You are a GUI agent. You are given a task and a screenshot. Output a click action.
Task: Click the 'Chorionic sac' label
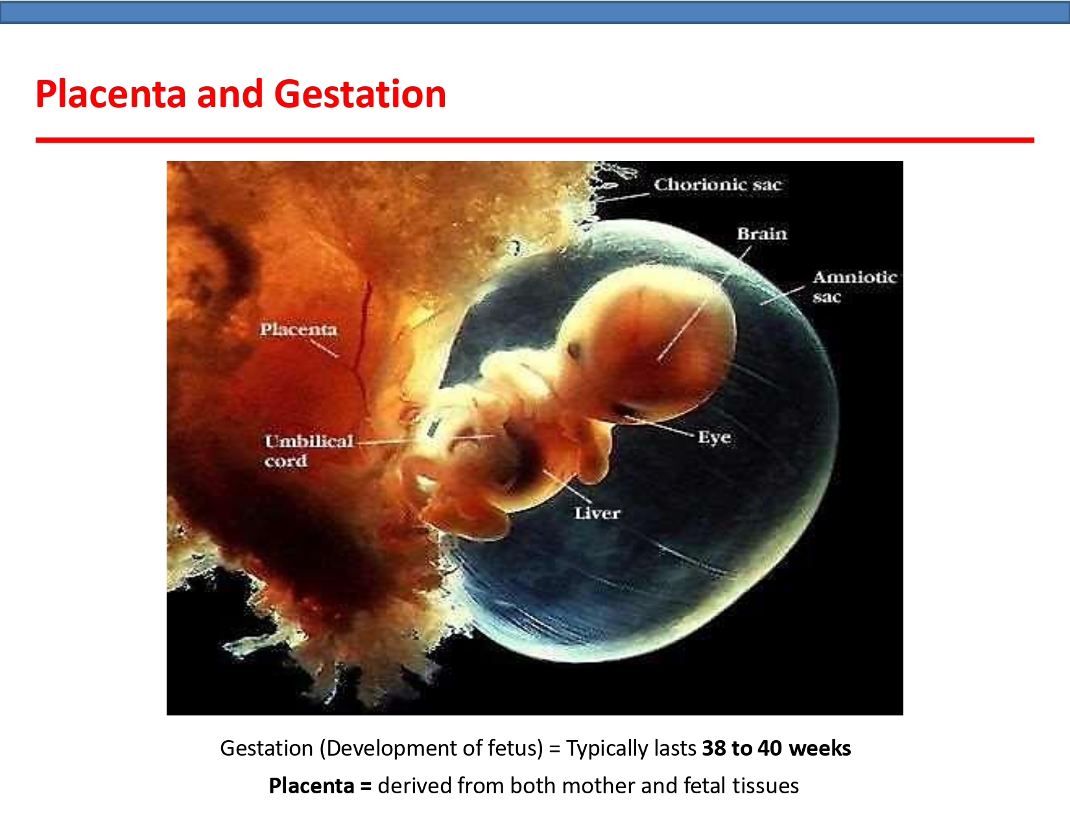(717, 185)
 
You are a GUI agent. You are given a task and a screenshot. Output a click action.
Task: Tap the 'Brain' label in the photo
(761, 234)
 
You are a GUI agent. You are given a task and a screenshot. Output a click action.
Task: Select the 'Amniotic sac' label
(853, 286)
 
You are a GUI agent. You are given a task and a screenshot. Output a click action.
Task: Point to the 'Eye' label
(714, 437)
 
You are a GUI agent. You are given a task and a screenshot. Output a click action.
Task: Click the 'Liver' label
(597, 513)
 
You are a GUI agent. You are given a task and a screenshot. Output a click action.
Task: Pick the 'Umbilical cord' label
(308, 450)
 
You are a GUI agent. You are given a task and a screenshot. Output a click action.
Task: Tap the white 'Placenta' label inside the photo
(298, 330)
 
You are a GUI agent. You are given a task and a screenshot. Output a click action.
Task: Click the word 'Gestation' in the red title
(360, 94)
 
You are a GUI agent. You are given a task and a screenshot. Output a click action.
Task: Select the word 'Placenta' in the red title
(110, 94)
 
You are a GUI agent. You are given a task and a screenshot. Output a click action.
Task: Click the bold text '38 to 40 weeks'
(776, 748)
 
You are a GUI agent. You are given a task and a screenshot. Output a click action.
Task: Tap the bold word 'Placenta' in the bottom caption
(311, 785)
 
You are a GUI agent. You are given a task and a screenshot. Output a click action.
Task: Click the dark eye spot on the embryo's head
(574, 351)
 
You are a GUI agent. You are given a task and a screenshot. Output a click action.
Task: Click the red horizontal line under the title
(534, 139)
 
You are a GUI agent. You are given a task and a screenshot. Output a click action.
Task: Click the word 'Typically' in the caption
(607, 748)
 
